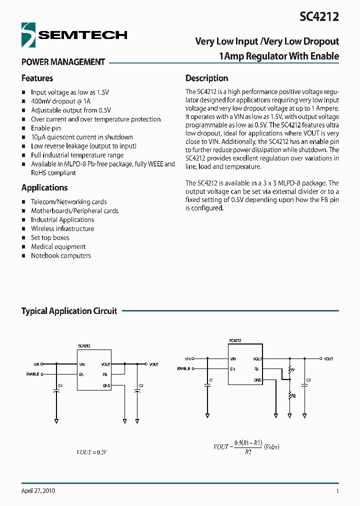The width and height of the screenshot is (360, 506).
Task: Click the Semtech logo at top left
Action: coord(74,34)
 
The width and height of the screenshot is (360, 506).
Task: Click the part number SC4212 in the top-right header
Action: coord(319,16)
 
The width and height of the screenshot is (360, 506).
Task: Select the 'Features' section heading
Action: coord(37,78)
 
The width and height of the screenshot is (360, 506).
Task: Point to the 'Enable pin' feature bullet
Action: coord(46,128)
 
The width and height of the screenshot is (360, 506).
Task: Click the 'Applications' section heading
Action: coord(44,188)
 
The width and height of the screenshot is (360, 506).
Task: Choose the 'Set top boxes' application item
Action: coord(50,238)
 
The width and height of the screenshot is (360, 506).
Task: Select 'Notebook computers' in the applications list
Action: coord(61,256)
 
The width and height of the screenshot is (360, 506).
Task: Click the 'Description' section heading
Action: coord(206,78)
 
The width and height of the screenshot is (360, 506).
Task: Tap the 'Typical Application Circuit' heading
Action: coord(69,311)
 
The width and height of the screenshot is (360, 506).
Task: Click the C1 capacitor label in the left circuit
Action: coord(60,385)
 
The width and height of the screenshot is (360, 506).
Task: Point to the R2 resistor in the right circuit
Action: coord(293,395)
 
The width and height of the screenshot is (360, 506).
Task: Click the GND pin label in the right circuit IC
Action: coord(257,380)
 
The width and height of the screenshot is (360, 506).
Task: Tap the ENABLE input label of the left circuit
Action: coord(33,374)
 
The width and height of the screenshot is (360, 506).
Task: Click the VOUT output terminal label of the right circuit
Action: coord(328,359)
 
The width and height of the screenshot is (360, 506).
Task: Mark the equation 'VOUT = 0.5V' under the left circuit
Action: coord(92,452)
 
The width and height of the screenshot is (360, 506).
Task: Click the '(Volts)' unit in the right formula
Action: coord(271,446)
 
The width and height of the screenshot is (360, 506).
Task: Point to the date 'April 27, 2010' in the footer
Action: coord(38,491)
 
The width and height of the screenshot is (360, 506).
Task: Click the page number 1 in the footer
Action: coord(337,491)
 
